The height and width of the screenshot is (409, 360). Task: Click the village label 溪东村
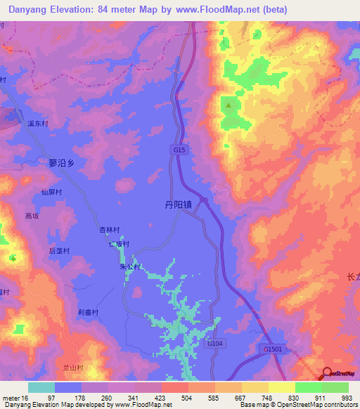[x=38, y=124]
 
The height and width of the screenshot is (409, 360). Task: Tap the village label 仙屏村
[x=52, y=192]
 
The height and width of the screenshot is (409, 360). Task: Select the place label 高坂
[x=32, y=216]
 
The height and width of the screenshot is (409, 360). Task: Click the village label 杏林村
[x=109, y=230]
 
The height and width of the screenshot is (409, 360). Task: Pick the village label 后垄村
[x=57, y=250]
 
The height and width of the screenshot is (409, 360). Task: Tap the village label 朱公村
[x=131, y=267]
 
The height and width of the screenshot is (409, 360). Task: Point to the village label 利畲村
[x=91, y=312]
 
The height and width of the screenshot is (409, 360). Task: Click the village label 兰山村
[x=73, y=368]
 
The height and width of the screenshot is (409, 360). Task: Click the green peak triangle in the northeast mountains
[x=229, y=106]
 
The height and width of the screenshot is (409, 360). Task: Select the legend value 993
[x=347, y=398]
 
